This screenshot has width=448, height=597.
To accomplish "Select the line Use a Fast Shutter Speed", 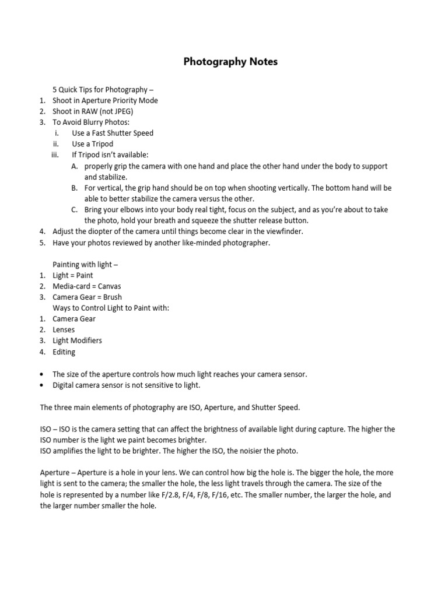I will click(x=113, y=133).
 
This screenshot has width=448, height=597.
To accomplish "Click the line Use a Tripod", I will click(x=92, y=144).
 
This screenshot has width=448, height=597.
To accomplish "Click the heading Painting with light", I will click(x=85, y=264).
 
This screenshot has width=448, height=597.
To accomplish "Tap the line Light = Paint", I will click(x=72, y=275).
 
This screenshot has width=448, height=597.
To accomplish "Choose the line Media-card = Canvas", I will click(x=87, y=286).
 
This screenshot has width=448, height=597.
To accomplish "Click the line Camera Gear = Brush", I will click(x=87, y=297).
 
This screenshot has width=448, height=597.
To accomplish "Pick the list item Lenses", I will click(x=64, y=330).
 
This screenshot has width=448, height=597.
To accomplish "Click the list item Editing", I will click(x=64, y=352).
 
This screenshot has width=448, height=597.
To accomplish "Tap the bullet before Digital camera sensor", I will click(x=43, y=385).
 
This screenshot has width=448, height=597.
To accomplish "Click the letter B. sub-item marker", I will click(x=75, y=188).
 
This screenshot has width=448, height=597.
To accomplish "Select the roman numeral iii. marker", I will click(x=55, y=155).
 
